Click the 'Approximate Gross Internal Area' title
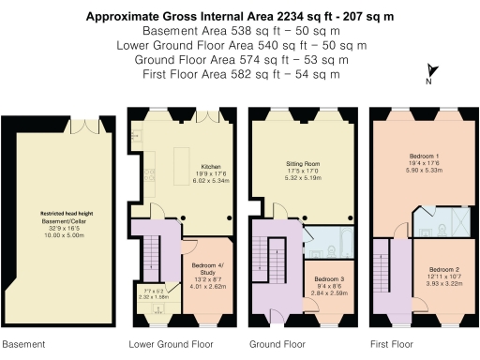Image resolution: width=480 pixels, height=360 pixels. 240,16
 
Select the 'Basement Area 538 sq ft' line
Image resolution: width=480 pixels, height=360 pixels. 240,31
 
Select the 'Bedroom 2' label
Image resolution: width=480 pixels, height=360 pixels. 433,269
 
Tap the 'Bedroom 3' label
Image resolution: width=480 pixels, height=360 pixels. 327,278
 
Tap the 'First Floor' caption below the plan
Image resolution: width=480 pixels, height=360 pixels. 393,344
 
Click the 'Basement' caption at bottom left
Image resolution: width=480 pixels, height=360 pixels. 22,344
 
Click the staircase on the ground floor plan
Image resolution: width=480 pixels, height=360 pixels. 275,267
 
